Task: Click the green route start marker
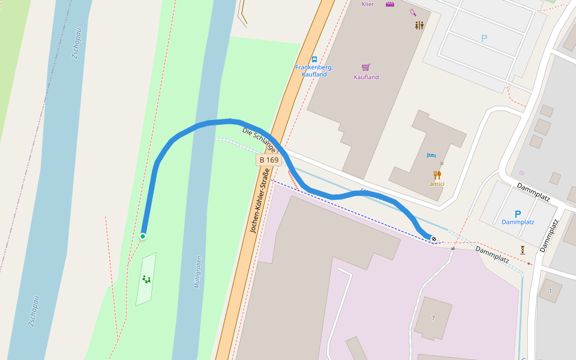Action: [143, 236]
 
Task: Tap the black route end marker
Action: [434, 239]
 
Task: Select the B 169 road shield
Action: [268, 160]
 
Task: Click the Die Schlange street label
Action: [259, 139]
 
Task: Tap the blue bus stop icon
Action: [314, 59]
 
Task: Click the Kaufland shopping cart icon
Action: [366, 67]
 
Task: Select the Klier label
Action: [368, 4]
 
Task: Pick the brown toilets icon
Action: [419, 25]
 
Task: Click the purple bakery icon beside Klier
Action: [390, 4]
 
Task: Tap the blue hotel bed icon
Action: [431, 155]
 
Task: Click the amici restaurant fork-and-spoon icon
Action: [437, 175]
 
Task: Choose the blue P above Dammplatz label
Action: [518, 214]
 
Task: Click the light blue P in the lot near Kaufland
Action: [484, 38]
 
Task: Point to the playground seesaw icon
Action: [146, 279]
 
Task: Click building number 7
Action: [433, 317]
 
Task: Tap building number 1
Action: [550, 291]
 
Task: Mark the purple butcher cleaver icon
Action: [413, 12]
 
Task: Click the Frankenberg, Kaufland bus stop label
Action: [314, 71]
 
